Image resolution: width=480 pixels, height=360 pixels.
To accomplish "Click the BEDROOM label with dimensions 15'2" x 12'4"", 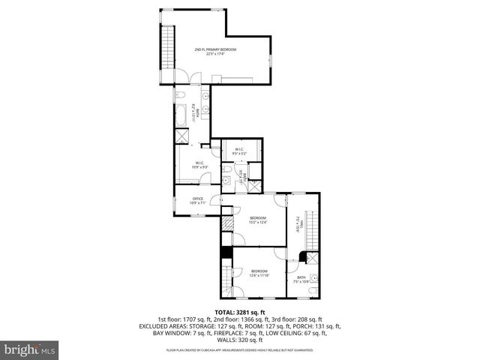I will pyautogui.click(x=257, y=219).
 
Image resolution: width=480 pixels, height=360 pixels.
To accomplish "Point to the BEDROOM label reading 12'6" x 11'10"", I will pyautogui.click(x=259, y=273).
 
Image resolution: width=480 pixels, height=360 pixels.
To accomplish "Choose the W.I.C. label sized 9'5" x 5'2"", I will pyautogui.click(x=238, y=150).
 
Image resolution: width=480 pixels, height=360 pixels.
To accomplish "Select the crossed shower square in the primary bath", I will pyautogui.click(x=183, y=136).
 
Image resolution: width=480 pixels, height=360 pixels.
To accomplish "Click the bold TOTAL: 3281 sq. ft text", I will pyautogui.click(x=240, y=312).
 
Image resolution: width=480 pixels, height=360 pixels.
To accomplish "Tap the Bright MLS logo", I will pyautogui.click(x=29, y=349).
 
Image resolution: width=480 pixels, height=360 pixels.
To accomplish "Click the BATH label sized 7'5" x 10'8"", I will pyautogui.click(x=301, y=279).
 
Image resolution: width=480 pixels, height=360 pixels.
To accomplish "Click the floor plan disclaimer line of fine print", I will pyautogui.click(x=240, y=349).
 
